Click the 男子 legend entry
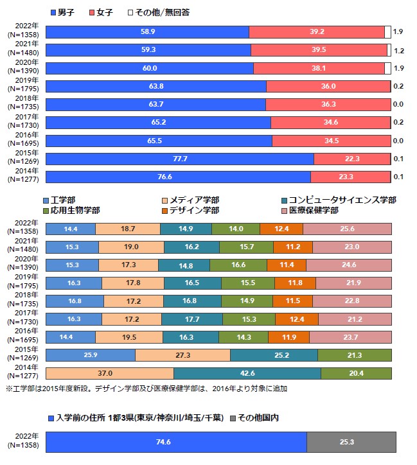[x=65, y=12]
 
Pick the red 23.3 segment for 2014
[x=350, y=177]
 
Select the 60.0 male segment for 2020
[x=150, y=68]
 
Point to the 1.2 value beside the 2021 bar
[x=398, y=50]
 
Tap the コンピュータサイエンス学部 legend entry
[x=337, y=200]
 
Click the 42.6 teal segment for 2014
[x=247, y=373]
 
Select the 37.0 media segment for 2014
[x=110, y=373]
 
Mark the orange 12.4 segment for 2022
[x=281, y=229]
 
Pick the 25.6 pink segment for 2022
[x=347, y=229]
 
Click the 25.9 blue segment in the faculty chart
[x=91, y=355]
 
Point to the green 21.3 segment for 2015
[x=354, y=355]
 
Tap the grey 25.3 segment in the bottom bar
[x=351, y=442]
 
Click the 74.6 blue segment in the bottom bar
[x=176, y=442]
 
